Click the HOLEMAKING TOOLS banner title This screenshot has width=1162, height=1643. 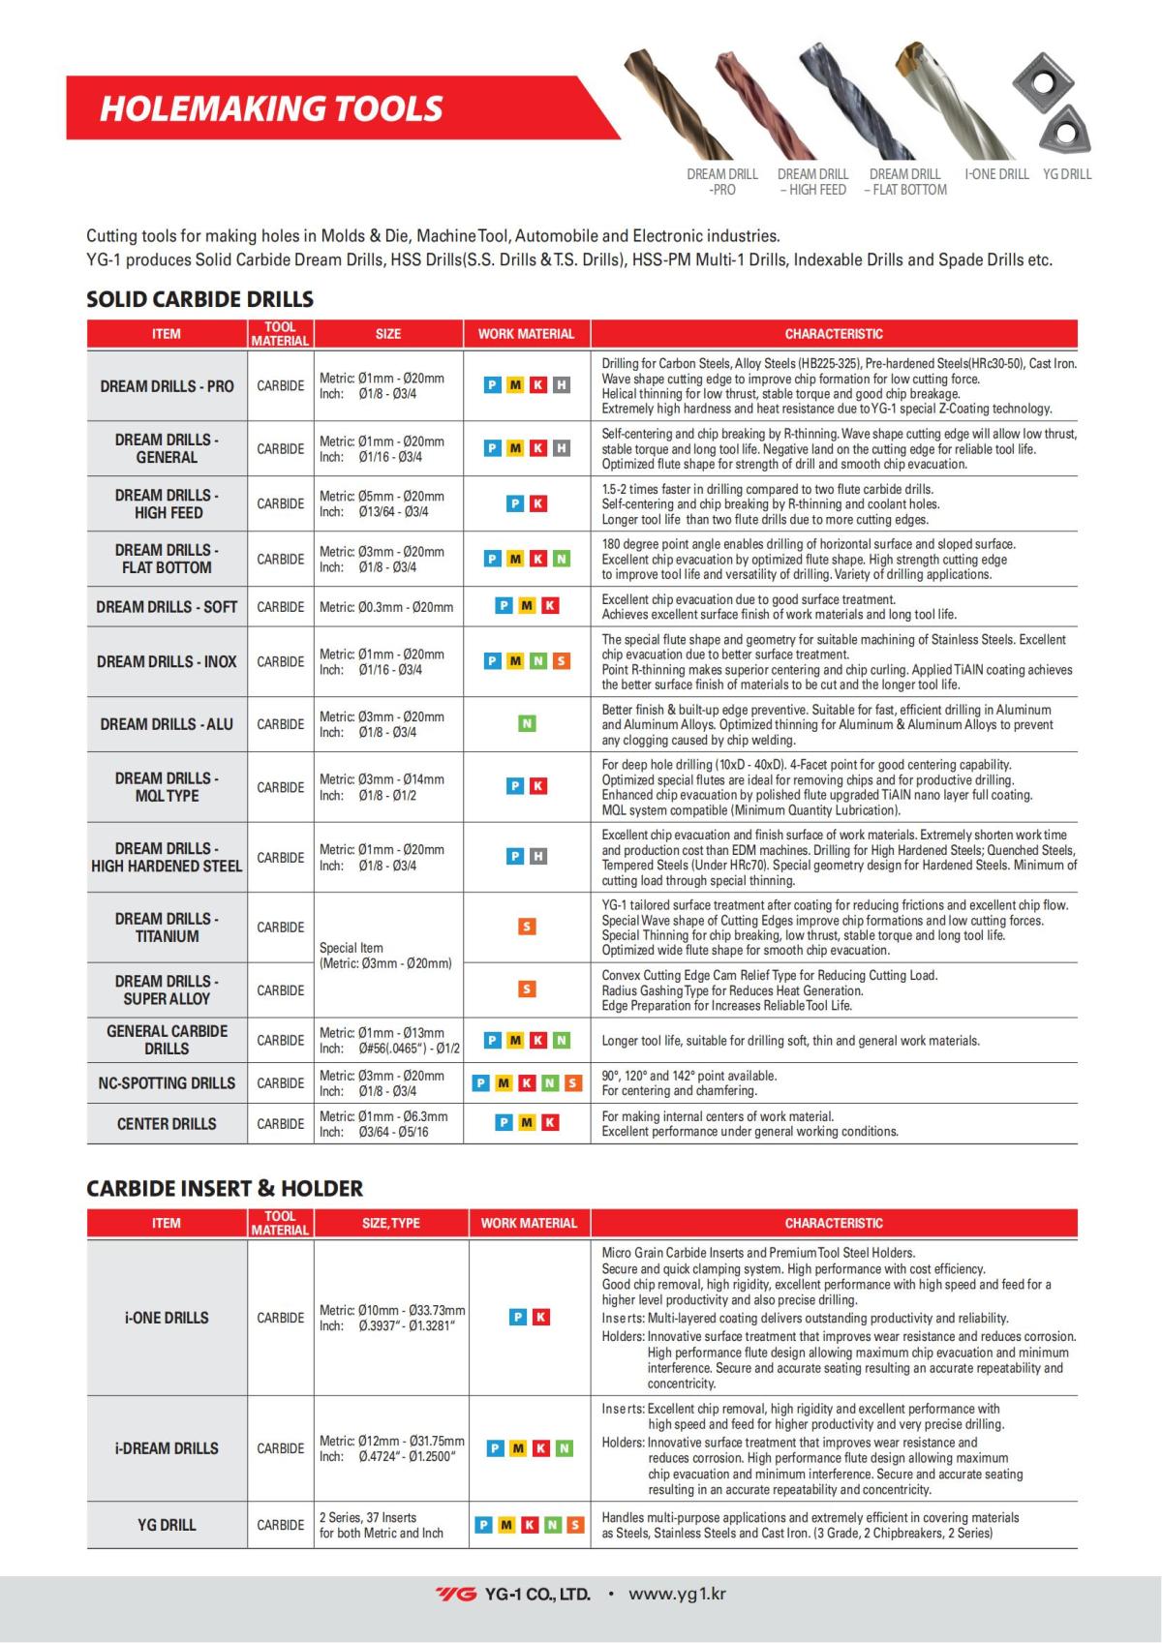(271, 108)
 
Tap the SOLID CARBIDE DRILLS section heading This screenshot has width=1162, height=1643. (199, 298)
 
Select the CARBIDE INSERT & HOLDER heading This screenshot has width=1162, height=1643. (225, 1188)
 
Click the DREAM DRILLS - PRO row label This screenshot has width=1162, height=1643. (167, 386)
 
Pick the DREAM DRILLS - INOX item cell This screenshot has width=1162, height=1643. (167, 662)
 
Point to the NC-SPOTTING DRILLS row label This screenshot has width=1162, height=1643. (167, 1083)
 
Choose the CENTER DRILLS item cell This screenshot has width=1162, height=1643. (167, 1124)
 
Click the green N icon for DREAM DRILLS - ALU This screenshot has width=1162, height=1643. (527, 724)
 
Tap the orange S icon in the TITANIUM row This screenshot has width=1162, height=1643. (527, 927)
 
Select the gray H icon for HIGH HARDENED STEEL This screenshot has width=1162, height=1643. (538, 857)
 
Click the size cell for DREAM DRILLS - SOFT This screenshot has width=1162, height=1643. (386, 607)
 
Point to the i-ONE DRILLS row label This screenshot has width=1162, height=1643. (167, 1318)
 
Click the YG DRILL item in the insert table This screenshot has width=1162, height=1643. (167, 1525)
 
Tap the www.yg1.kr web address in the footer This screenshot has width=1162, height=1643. (677, 1594)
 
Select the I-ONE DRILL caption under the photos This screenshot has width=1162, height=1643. (996, 174)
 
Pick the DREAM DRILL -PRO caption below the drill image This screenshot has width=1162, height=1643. (722, 182)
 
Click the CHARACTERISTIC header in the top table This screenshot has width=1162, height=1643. (834, 334)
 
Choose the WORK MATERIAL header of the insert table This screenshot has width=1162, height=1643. (529, 1223)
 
